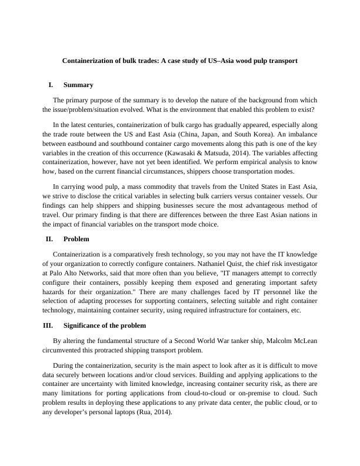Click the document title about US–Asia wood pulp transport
pos(180,61)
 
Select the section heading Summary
pos(78,85)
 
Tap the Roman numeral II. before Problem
pos(49,239)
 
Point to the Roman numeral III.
pos(48,325)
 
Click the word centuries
pos(106,124)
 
